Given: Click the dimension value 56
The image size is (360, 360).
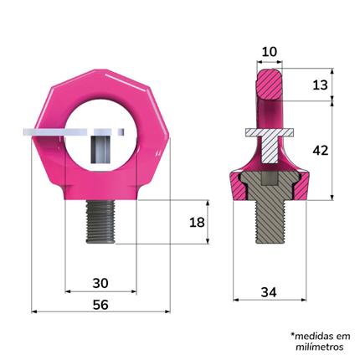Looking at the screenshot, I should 100,306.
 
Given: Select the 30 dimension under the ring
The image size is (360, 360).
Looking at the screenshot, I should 100,284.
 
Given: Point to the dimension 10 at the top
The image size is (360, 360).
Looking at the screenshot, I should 270,53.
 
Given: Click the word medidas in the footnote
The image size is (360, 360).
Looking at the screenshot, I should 319,333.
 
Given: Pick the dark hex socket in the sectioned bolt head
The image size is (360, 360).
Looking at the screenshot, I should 270,183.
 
